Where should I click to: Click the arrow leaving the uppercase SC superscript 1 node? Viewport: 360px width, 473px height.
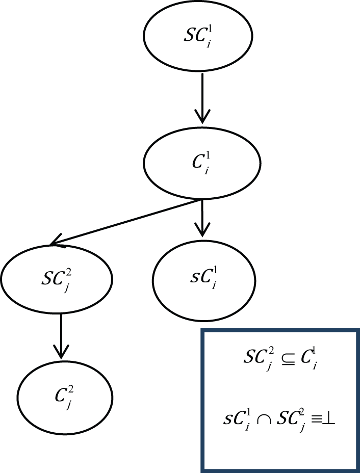[x=202, y=98]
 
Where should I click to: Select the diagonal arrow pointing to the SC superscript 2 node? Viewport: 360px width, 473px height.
[x=125, y=222]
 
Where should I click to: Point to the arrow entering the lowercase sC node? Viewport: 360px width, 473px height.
[x=202, y=218]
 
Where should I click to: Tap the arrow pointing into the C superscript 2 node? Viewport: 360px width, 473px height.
[x=61, y=336]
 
